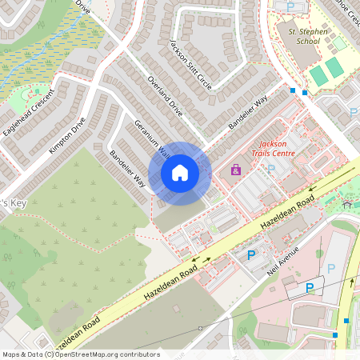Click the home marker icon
pyautogui.click(x=180, y=173)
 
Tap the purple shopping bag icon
pyautogui.click(x=235, y=170)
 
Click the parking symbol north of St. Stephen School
pyautogui.click(x=290, y=6)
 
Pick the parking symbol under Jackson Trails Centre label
pyautogui.click(x=271, y=169)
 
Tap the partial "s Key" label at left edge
pyautogui.click(x=14, y=203)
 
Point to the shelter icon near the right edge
pyautogui.click(x=347, y=204)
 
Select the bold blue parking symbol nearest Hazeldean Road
pyautogui.click(x=251, y=255)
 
